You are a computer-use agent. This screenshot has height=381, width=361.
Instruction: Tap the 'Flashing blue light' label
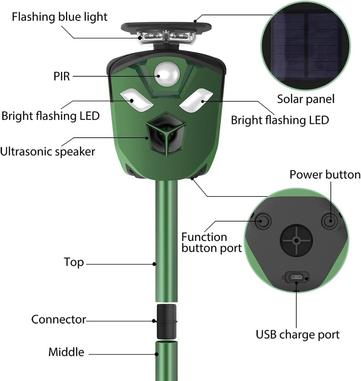click(60, 17)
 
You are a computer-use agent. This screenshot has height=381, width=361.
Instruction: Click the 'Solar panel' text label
click(306, 99)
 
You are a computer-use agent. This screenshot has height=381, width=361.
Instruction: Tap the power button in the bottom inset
click(330, 221)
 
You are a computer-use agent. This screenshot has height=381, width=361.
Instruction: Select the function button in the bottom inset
click(263, 221)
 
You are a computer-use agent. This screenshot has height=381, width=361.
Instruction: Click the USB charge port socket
click(297, 277)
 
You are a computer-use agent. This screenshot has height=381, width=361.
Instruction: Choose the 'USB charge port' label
click(298, 334)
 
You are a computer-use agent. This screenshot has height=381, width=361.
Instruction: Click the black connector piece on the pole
click(166, 321)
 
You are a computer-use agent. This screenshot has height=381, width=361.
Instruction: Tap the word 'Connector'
click(58, 319)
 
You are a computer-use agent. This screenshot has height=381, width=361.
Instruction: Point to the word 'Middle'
click(66, 352)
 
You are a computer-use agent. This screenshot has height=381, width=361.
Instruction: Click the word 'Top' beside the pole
click(74, 263)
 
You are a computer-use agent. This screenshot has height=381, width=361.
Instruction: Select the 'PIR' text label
click(62, 76)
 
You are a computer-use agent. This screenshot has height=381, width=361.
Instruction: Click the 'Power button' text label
click(325, 175)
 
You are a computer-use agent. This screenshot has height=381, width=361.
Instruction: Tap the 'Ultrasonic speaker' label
click(48, 152)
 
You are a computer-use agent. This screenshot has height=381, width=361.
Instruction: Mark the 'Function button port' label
click(211, 243)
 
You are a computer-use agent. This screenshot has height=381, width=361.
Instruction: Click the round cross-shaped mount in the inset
click(296, 241)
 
